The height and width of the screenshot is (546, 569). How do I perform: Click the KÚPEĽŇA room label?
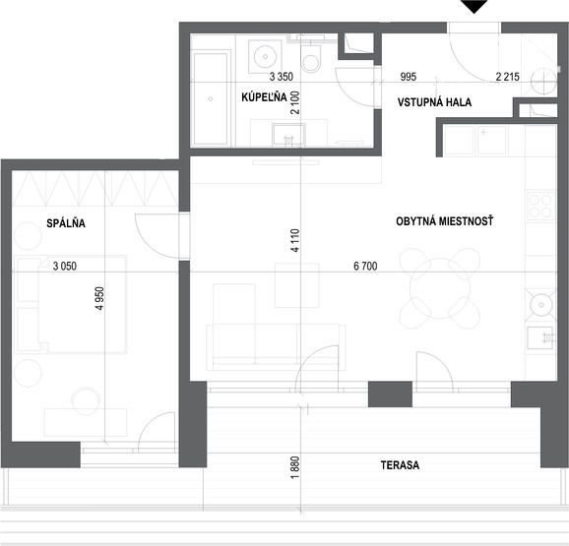pos(264,97)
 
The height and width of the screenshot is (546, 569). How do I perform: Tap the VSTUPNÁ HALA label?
pos(434,102)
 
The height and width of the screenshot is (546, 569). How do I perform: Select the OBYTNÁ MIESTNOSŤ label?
pos(445,221)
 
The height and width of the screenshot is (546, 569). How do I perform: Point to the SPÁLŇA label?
pos(66,223)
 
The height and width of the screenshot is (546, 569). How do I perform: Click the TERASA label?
pos(400,465)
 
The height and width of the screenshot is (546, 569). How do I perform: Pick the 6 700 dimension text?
pos(365,266)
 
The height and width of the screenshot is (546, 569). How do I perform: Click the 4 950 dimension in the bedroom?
pos(99,298)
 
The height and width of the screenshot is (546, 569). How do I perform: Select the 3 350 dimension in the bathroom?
pos(282,77)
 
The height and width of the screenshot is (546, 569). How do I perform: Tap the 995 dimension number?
pos(409,77)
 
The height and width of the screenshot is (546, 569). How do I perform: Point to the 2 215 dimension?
pos(508,77)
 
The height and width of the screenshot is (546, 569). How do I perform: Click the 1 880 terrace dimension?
pos(295,467)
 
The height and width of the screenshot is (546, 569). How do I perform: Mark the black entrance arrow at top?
pos(474,6)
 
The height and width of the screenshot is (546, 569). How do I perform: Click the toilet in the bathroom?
pos(311,59)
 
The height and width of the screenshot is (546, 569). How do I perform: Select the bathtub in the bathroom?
pos(211,98)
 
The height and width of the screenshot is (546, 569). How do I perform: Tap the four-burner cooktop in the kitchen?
pos(541,206)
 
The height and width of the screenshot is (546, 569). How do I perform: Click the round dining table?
pos(440,288)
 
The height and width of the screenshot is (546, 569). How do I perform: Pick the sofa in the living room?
pos(276,347)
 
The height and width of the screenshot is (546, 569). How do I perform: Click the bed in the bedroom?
pos(71,304)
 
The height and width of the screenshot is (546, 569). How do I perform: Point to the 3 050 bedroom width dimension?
pos(65,266)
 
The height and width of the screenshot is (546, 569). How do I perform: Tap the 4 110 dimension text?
pos(295,240)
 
